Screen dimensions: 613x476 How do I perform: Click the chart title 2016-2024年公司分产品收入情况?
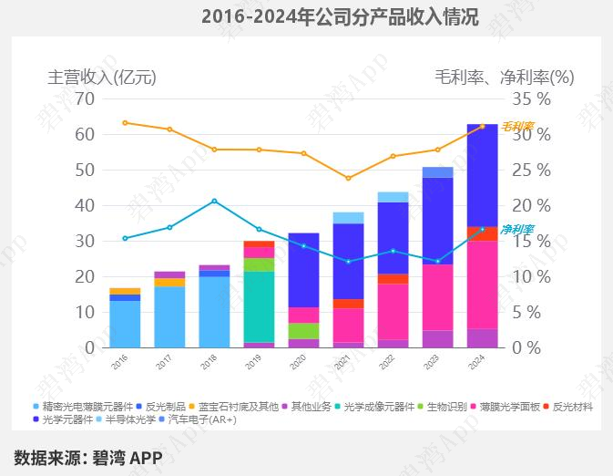pyautogui.click(x=340, y=17)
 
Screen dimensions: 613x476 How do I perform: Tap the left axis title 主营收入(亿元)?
pyautogui.click(x=102, y=78)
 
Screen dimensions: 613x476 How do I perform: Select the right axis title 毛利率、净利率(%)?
pyautogui.click(x=505, y=78)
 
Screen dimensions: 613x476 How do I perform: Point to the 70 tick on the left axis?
pyautogui.click(x=85, y=98)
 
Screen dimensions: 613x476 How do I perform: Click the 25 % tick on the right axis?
pyautogui.click(x=531, y=171)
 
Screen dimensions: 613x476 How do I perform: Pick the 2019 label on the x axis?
pyautogui.click(x=253, y=362)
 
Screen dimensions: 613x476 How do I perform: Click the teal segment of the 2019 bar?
pyautogui.click(x=259, y=307)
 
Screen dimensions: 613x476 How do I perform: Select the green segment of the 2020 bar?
pyautogui.click(x=303, y=331)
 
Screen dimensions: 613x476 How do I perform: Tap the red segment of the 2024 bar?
pyautogui.click(x=483, y=233)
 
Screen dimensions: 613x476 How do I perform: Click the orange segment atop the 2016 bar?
pyautogui.click(x=125, y=291)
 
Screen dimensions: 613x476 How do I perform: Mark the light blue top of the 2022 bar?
pyautogui.click(x=393, y=197)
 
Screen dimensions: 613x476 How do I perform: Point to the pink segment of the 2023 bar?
pyautogui.click(x=438, y=297)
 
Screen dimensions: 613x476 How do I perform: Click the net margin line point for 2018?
pyautogui.click(x=214, y=202)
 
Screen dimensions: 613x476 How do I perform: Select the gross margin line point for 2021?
pyautogui.click(x=348, y=178)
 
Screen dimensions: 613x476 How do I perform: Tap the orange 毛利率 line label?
pyautogui.click(x=517, y=126)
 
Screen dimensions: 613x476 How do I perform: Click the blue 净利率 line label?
pyautogui.click(x=517, y=230)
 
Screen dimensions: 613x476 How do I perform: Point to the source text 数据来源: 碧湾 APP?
pyautogui.click(x=88, y=457)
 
